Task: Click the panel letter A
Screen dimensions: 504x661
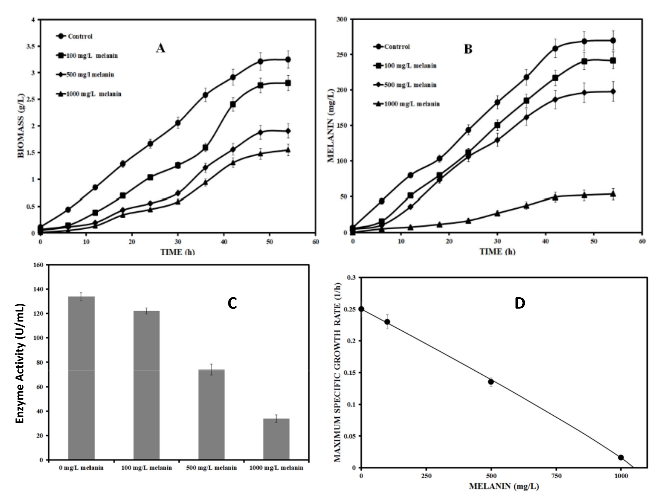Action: tap(160, 48)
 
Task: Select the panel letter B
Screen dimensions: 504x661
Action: tap(468, 49)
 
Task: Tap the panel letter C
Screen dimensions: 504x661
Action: tap(232, 304)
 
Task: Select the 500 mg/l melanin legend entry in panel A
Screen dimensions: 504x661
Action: tap(90, 74)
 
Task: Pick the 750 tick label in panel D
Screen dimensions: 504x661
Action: tap(556, 476)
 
